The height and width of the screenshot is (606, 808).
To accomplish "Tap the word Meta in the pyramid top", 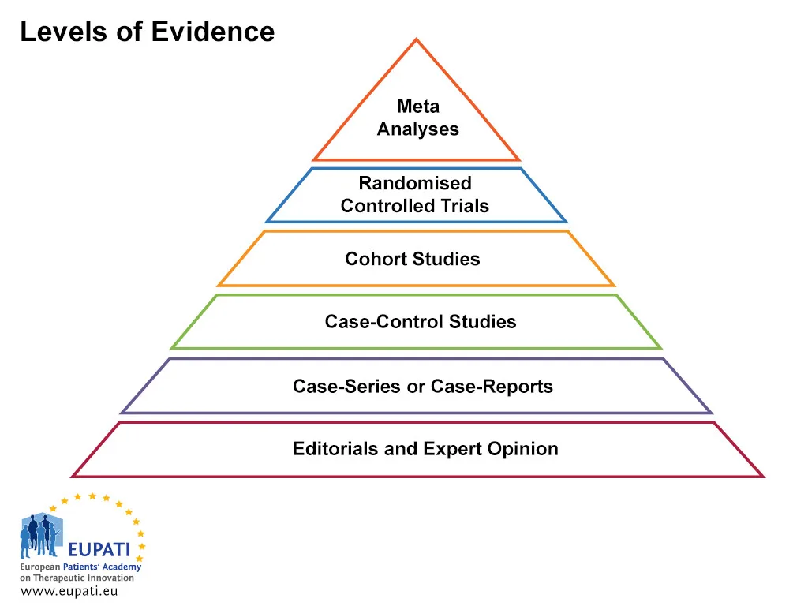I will click(418, 106).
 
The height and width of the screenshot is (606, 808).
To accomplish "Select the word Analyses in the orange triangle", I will click(417, 129).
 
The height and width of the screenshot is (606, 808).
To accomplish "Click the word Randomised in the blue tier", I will click(415, 183).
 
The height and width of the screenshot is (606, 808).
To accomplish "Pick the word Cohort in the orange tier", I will click(373, 259).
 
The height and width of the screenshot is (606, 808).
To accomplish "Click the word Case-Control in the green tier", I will click(384, 322).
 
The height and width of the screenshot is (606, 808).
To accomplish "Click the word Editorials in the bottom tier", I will click(335, 449).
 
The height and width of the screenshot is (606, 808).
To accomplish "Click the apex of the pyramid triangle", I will click(417, 39).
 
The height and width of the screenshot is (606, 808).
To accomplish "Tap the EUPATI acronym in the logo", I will click(99, 548).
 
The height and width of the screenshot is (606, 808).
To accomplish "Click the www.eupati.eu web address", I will click(69, 592).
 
